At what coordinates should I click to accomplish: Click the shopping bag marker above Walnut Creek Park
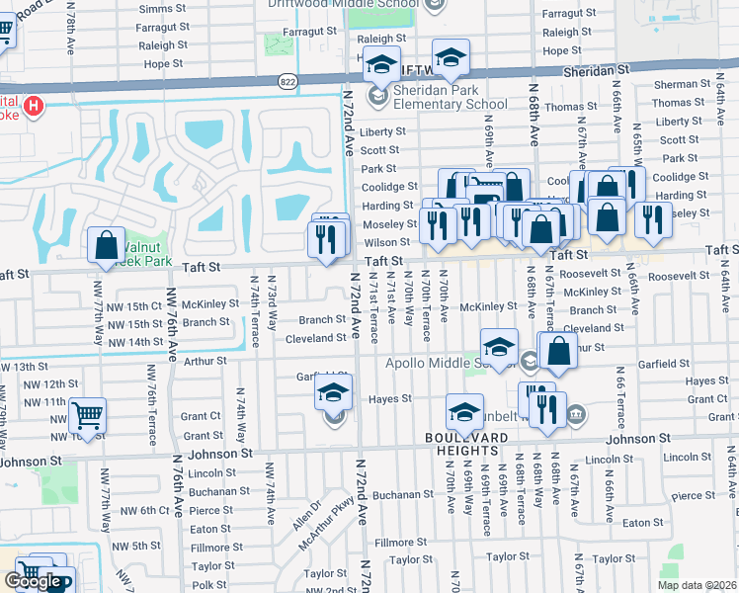pyautogui.click(x=106, y=247)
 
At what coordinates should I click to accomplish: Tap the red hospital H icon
pyautogui.click(x=35, y=106)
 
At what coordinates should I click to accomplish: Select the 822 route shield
pyautogui.click(x=287, y=81)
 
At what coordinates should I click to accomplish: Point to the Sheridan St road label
pyautogui.click(x=596, y=71)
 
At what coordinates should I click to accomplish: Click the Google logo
pyautogui.click(x=34, y=581)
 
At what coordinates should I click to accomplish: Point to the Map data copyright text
pyautogui.click(x=696, y=585)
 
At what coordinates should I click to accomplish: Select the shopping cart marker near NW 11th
pyautogui.click(x=88, y=417)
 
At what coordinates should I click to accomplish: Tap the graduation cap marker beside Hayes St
pyautogui.click(x=334, y=392)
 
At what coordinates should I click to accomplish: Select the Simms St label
pyautogui.click(x=156, y=8)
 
